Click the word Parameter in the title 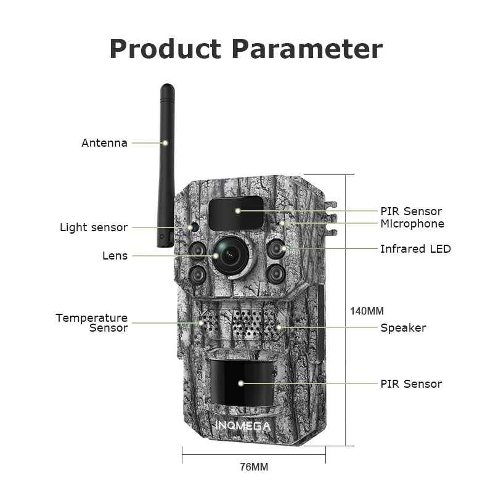coord(307,49)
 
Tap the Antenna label coord(104,143)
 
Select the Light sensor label coord(94,227)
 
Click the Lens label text coord(115,255)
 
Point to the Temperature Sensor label coord(92,322)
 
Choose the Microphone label coord(412,223)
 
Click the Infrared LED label coord(415,249)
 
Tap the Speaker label coord(403,328)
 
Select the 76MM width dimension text coord(254,467)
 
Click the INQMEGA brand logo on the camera coord(243,425)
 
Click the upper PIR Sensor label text coord(411,211)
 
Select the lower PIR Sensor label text coord(411,384)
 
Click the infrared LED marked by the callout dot coord(275,249)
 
